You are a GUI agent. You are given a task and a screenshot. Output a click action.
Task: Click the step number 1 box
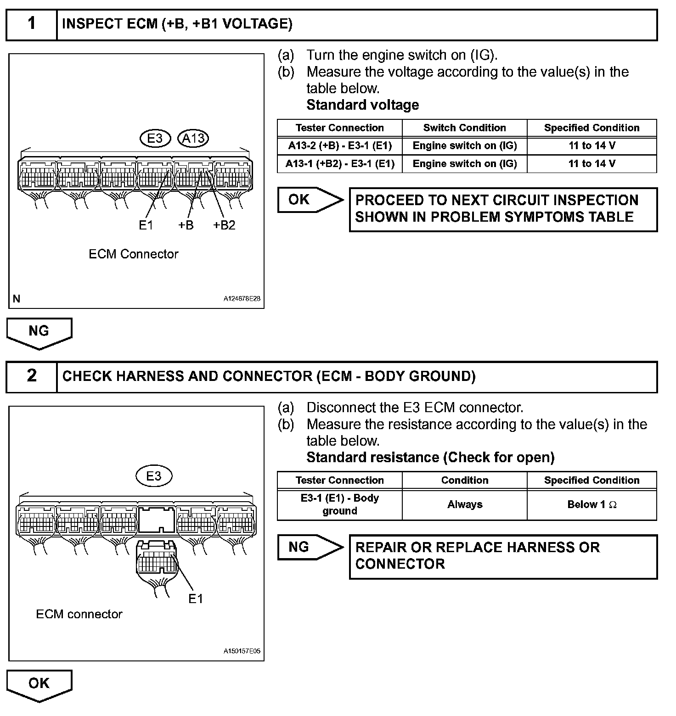click(31, 24)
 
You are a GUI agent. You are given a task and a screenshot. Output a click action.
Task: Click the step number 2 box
click(31, 376)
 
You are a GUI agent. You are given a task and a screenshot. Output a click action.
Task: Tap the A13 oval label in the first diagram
click(193, 138)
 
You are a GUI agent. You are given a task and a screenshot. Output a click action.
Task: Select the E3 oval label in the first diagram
click(155, 138)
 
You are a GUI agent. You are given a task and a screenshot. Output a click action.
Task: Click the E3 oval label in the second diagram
click(154, 476)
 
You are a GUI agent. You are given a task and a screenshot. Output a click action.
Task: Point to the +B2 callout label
click(224, 225)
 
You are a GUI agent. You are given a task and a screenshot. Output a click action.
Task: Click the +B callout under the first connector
click(186, 225)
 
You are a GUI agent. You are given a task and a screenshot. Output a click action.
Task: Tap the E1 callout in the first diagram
click(146, 225)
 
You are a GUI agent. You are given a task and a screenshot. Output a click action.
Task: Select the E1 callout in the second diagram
click(196, 599)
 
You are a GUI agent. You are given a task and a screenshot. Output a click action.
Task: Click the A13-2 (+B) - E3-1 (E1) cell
click(340, 146)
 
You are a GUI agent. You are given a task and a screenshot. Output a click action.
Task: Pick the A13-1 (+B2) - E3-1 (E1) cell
click(340, 164)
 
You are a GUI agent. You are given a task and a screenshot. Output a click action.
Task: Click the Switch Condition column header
click(464, 128)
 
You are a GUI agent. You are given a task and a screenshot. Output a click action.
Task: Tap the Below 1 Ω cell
click(591, 504)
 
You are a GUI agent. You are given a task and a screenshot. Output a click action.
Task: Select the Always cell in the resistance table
click(464, 504)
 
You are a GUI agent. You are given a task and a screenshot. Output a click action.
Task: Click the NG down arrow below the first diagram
click(39, 332)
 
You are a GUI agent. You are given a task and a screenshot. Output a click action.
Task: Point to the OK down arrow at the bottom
click(39, 684)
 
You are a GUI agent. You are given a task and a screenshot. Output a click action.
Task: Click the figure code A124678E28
click(242, 299)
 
